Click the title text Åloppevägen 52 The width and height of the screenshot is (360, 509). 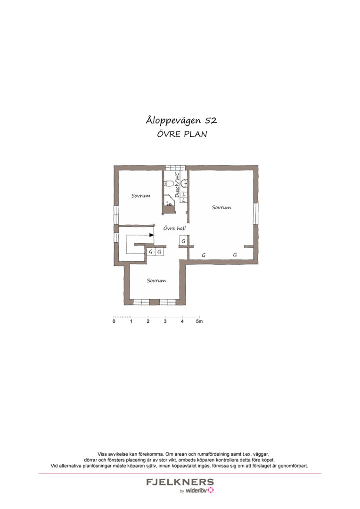pyautogui.click(x=181, y=120)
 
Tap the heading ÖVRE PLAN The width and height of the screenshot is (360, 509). pyautogui.click(x=181, y=134)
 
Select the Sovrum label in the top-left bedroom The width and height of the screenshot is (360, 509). pyautogui.click(x=141, y=196)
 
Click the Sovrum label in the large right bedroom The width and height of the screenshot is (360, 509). pyautogui.click(x=221, y=207)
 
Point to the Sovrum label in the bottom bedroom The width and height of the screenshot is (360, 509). pyautogui.click(x=156, y=280)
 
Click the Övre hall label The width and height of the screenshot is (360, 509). pyautogui.click(x=174, y=228)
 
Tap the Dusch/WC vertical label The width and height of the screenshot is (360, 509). pyautogui.click(x=177, y=185)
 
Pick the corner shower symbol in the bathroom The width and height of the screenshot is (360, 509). pyautogui.click(x=168, y=202)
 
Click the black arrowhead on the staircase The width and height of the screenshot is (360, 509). pyautogui.click(x=151, y=235)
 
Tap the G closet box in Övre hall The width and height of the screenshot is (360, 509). pyautogui.click(x=183, y=241)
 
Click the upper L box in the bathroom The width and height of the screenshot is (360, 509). pyautogui.click(x=184, y=194)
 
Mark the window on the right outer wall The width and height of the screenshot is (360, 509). pyautogui.click(x=256, y=213)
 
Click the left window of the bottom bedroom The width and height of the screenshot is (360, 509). pyautogui.click(x=141, y=302)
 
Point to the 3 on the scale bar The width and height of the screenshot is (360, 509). pyautogui.click(x=165, y=322)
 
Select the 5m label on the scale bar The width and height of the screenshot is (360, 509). pyautogui.click(x=199, y=322)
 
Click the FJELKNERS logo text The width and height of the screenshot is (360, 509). pyautogui.click(x=180, y=483)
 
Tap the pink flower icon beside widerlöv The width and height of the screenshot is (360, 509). pyautogui.click(x=211, y=491)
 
